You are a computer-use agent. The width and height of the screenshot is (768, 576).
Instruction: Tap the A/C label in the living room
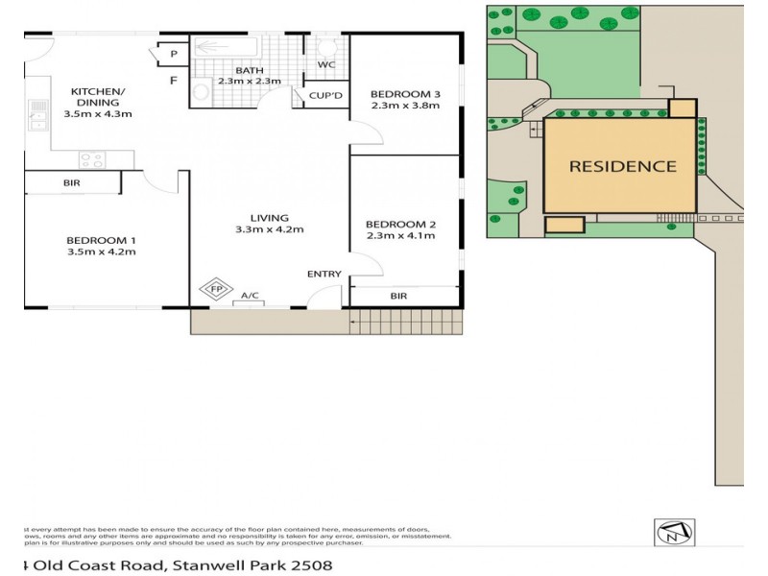[x=250, y=296]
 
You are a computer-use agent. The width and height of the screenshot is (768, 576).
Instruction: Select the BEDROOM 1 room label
[x=101, y=240]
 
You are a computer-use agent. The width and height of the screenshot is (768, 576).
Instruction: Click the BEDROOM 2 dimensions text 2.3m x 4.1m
[x=400, y=239]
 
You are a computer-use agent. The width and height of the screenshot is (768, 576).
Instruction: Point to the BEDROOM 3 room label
[x=404, y=93]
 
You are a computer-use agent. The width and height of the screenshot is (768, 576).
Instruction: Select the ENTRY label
[x=324, y=275]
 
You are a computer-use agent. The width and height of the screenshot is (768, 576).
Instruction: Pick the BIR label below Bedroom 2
[x=398, y=297]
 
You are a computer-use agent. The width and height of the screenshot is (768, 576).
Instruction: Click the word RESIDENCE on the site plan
[x=623, y=165]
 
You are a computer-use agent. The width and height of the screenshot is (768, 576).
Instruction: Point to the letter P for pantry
[x=173, y=55]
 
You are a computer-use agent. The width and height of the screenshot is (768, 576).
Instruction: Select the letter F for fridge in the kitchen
[x=173, y=80]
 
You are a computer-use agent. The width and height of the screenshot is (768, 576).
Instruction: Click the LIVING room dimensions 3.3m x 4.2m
[x=269, y=229]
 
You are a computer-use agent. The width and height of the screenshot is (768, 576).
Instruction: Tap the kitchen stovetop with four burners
[x=91, y=160]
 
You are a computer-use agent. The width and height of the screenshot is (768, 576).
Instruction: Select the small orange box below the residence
[x=564, y=225]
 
